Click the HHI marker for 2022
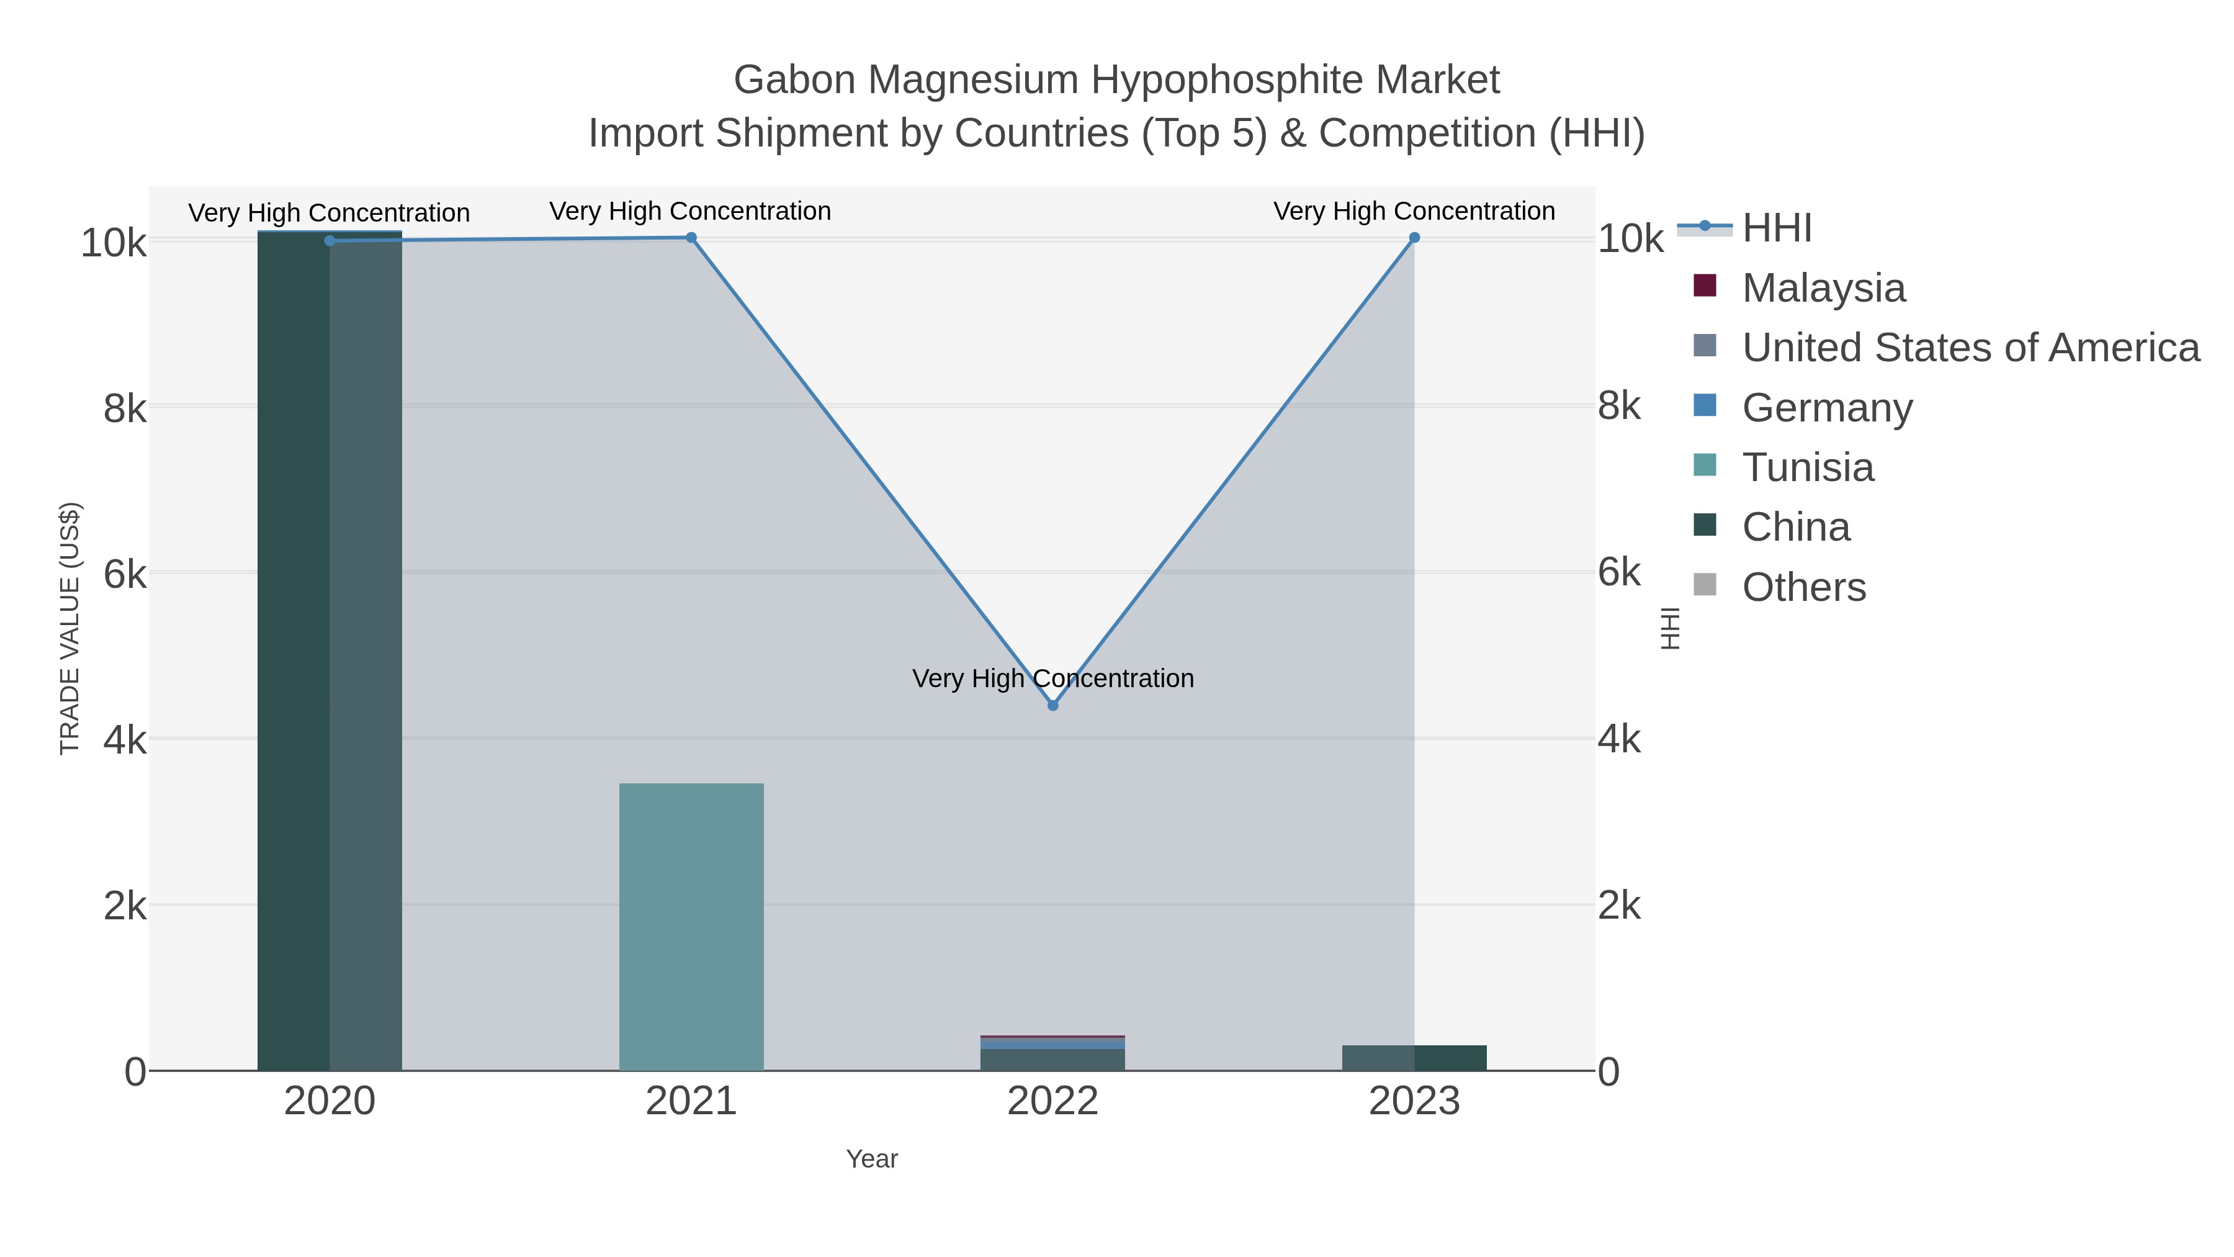click(1053, 705)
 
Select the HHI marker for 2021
click(691, 238)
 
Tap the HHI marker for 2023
click(1414, 238)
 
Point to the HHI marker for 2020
click(330, 240)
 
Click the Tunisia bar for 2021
click(691, 927)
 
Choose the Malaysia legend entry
click(1823, 288)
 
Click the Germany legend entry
click(1826, 408)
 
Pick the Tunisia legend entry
click(1807, 467)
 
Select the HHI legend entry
click(1776, 228)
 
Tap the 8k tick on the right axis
click(1618, 406)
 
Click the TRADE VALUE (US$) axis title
click(70, 628)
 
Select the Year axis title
click(872, 1159)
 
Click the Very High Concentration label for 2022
click(1053, 678)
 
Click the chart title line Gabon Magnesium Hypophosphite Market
click(1116, 80)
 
